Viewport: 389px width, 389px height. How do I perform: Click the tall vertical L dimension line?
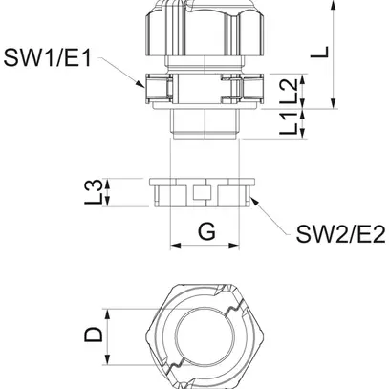(x=332, y=53)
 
